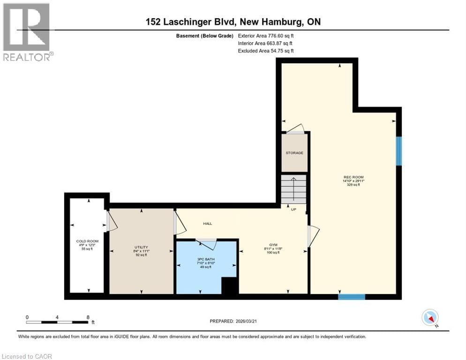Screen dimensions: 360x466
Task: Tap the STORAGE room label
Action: [294, 153]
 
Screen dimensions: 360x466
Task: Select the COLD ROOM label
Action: [84, 241]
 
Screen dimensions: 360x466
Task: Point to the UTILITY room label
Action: [141, 246]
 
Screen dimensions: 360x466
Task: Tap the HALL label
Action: [207, 224]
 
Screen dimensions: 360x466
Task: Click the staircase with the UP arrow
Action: [293, 189]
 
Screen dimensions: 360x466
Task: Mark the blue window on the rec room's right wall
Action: [398, 151]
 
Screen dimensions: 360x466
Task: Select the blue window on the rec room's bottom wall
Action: [351, 296]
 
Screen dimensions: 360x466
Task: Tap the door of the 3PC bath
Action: [206, 242]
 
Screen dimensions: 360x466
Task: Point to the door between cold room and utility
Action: [110, 221]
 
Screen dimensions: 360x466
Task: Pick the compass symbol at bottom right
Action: [430, 318]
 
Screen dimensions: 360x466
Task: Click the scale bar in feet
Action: [57, 322]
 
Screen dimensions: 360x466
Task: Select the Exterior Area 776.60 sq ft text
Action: [266, 35]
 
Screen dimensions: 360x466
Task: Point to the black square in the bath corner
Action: [229, 285]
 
